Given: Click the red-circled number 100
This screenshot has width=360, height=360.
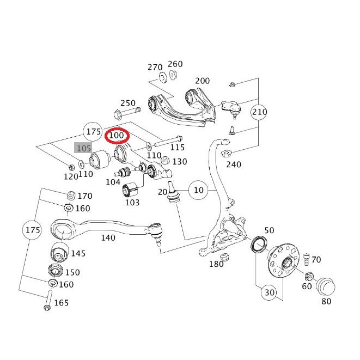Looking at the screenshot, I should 117,135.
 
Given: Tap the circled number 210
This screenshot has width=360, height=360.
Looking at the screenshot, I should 260,113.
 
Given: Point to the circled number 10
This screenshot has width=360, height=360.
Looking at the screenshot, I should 198,190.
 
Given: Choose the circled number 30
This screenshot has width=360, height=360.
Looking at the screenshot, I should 269,292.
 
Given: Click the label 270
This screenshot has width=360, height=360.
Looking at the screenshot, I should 155,68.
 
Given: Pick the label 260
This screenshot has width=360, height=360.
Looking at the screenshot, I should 175,64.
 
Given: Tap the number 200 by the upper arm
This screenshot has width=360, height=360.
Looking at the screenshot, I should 202,81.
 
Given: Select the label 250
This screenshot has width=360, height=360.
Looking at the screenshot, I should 127,103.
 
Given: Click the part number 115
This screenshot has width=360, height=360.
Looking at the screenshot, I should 178,147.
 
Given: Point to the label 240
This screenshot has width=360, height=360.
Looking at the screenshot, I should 234,164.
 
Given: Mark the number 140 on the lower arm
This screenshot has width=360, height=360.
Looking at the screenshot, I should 108,237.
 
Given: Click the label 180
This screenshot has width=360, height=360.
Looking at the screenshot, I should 216,264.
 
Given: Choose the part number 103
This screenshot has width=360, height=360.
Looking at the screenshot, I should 132,203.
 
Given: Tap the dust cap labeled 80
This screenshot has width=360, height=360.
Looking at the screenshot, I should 326,285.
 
